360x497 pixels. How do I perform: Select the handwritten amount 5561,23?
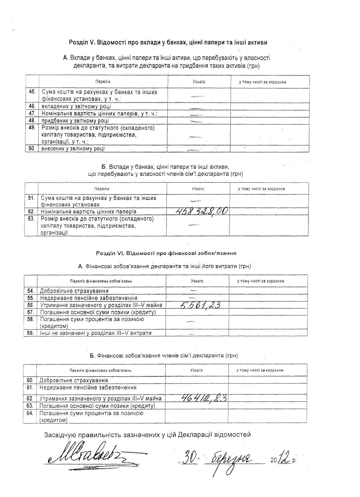pos(200,305)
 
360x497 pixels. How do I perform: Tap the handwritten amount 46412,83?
pos(204,398)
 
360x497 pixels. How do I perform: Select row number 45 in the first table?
pos(32,92)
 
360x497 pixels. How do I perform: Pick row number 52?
pos(31,211)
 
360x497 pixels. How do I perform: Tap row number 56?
pos(30,305)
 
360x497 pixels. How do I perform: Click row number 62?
pos(30,398)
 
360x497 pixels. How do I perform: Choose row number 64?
pos(30,413)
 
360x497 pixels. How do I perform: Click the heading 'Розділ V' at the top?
pos(168,42)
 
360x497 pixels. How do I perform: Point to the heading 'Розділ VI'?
pos(166,253)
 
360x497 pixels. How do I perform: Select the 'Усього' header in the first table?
pos(199,82)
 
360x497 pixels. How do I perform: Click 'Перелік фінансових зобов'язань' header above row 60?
pos(100,371)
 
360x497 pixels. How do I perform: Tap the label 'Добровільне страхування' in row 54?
pos(74,291)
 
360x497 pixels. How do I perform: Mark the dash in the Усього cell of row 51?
pos(196,201)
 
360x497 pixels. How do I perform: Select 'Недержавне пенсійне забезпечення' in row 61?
pos(88,387)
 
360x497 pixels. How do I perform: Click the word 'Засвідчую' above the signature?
pos(60,435)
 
